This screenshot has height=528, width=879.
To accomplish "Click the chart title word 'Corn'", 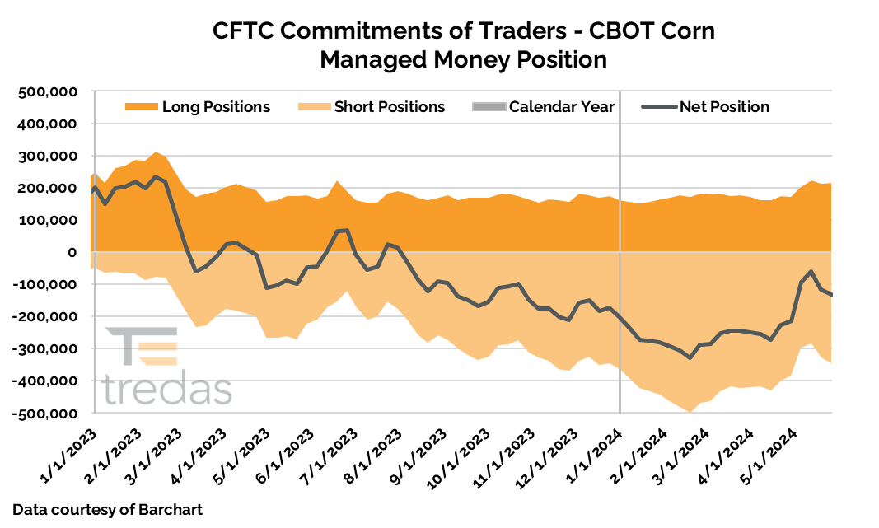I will coord(677,31).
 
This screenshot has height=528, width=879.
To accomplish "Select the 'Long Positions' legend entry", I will coord(198,107).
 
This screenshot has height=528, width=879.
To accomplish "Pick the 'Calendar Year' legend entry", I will coord(544,107).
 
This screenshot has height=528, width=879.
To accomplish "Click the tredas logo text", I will coord(168,389).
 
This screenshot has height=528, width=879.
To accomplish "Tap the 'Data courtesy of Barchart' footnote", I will coord(108,510).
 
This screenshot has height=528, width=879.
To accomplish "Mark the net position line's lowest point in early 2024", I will coord(690,357).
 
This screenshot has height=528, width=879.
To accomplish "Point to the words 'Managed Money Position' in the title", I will coord(463,60).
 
